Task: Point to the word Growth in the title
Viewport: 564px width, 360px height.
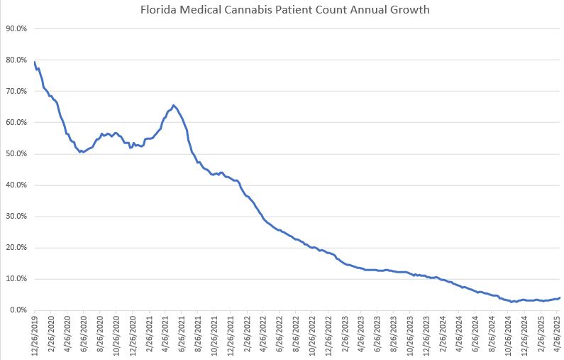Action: (x=409, y=11)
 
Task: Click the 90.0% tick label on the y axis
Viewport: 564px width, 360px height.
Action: (x=16, y=28)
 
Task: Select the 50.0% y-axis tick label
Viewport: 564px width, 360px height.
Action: (x=16, y=154)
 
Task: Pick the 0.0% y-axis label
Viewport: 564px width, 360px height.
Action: (x=18, y=310)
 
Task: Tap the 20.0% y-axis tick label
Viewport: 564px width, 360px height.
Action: (x=16, y=248)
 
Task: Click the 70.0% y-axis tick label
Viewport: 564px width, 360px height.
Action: (x=16, y=92)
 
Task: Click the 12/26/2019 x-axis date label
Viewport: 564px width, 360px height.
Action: (x=35, y=337)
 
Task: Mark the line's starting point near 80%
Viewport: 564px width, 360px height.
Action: (x=34, y=62)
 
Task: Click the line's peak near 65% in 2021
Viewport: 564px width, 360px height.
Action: (x=173, y=105)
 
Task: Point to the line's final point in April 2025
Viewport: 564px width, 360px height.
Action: (x=560, y=298)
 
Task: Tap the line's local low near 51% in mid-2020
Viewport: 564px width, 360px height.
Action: (x=82, y=152)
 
